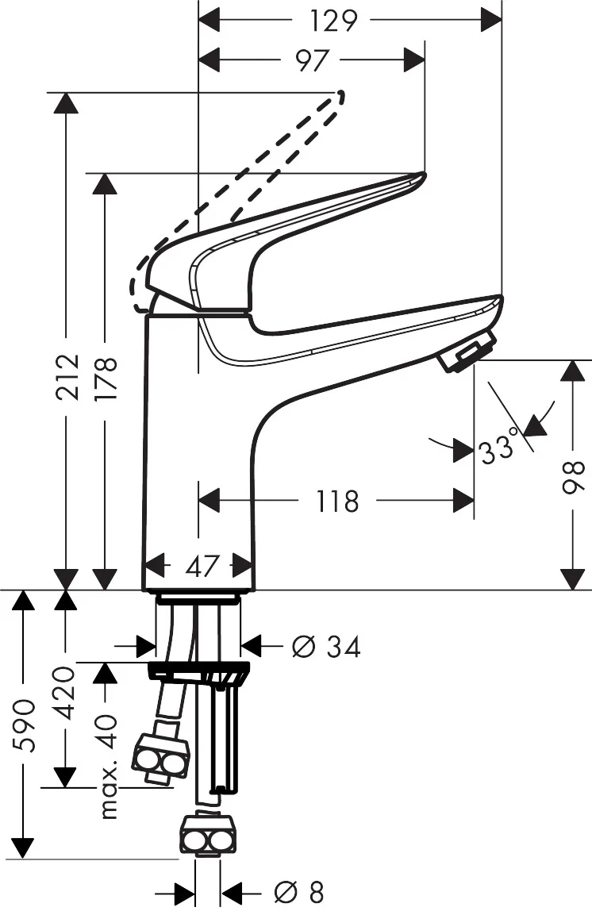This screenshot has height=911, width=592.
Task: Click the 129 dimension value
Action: point(333,21)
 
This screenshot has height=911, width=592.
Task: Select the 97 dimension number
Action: point(312,60)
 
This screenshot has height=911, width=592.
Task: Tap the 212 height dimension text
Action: point(67,376)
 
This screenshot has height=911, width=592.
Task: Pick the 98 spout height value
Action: point(573,478)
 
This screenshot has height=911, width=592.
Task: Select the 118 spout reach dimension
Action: point(337,502)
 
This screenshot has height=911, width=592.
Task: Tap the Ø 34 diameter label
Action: point(326,646)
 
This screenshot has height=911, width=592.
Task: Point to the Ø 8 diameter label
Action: point(299,892)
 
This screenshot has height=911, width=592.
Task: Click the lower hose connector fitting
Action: point(207,836)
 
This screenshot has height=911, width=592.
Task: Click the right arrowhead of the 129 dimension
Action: point(491,21)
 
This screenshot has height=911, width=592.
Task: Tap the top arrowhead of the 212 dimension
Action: point(67,103)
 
